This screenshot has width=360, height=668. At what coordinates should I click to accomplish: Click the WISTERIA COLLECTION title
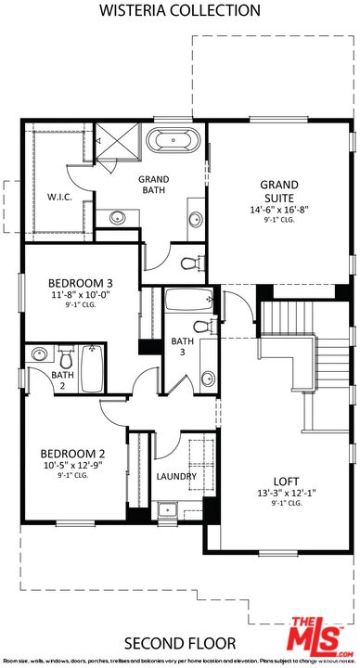coord(180,11)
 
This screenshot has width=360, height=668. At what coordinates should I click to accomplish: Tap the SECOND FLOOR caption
coord(179,642)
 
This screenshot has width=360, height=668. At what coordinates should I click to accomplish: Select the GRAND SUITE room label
coord(277,191)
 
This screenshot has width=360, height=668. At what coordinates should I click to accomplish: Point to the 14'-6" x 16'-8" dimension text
coord(277,211)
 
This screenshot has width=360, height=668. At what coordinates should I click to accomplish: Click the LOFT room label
coord(285,481)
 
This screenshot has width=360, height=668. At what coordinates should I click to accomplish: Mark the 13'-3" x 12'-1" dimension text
coord(285,493)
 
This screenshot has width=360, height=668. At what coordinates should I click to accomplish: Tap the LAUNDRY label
coord(176,477)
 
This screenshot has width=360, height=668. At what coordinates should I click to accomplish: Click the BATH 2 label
coord(37,379)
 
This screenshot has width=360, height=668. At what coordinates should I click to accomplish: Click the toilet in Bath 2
coord(65,357)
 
